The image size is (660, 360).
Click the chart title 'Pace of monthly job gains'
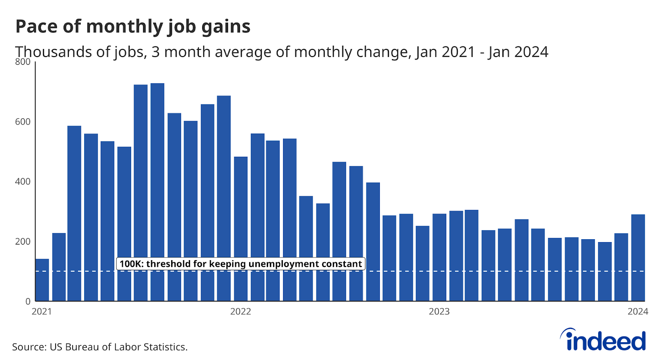[x=133, y=26]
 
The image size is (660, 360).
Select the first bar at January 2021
[x=42, y=280]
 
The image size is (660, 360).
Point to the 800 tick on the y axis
[x=23, y=62]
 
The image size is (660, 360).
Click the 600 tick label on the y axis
[x=23, y=122]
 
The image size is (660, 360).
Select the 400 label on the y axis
[x=23, y=181]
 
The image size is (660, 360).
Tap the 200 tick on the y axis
[x=23, y=242]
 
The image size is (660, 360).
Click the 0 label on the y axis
[x=28, y=301]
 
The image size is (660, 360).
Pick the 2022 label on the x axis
[x=240, y=312]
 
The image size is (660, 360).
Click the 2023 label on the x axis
[x=439, y=312]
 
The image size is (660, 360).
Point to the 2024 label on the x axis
[x=638, y=312]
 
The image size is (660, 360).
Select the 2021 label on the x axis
[x=42, y=312]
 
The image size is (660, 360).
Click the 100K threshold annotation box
[x=240, y=264]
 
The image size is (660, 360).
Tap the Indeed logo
[x=603, y=340]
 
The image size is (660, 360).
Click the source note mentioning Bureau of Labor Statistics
[x=100, y=347]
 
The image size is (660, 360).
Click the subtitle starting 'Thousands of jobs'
[x=282, y=52]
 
